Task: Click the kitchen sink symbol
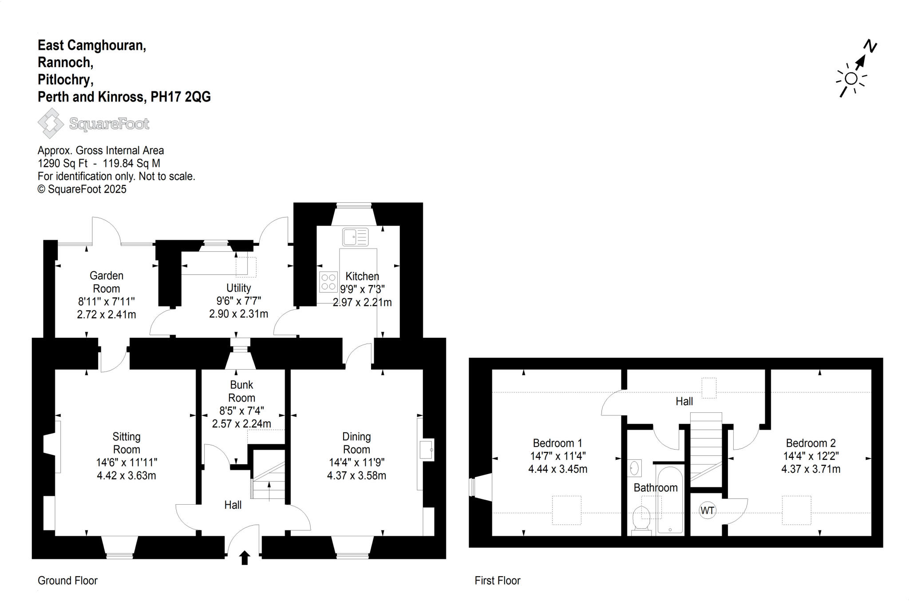click(355, 237)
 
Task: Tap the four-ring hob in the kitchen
click(328, 282)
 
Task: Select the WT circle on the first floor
click(707, 510)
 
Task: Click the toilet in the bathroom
click(641, 518)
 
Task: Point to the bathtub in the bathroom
click(670, 499)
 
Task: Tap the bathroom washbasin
click(635, 468)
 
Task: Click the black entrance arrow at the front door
click(245, 558)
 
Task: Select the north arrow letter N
click(870, 46)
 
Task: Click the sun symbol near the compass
click(851, 79)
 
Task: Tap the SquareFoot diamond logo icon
click(50, 123)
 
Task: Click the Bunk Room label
click(241, 391)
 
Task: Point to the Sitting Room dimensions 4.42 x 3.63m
click(126, 475)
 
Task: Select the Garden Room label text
click(107, 282)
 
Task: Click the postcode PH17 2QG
click(181, 97)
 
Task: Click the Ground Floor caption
click(67, 581)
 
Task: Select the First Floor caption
click(497, 581)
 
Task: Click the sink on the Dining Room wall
click(427, 450)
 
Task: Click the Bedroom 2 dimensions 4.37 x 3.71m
click(810, 469)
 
